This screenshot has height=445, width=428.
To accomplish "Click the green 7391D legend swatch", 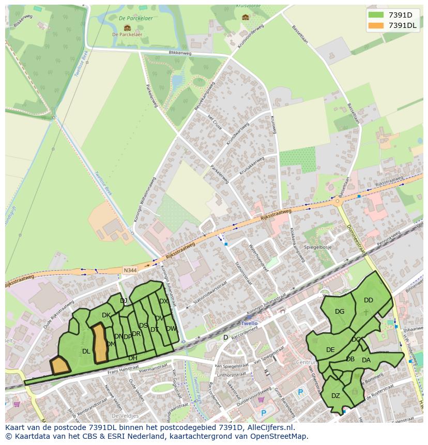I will [x=376, y=15].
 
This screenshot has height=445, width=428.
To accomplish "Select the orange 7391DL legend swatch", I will [x=376, y=25].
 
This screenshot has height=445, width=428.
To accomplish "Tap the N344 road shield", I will [x=130, y=269].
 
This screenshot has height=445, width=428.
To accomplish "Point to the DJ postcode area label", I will [x=124, y=300].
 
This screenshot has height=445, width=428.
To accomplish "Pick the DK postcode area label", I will [x=106, y=315].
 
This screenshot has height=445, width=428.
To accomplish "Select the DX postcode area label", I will [x=163, y=301].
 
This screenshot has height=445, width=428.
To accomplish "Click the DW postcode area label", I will [x=171, y=328].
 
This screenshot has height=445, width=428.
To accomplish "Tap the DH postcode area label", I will [x=133, y=358].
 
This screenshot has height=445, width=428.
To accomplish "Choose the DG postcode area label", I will [x=340, y=311].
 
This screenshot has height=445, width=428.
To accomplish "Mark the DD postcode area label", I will [x=368, y=300].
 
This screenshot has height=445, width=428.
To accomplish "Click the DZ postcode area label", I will [x=336, y=395].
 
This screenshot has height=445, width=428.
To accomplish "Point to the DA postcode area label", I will [x=366, y=360].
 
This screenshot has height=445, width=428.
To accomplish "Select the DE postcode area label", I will [x=330, y=349].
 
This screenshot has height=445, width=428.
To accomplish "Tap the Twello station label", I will [x=249, y=323].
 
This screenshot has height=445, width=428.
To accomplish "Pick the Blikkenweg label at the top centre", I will [x=180, y=53].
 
